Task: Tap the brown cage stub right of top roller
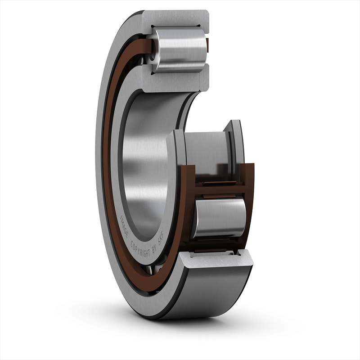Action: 207,44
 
